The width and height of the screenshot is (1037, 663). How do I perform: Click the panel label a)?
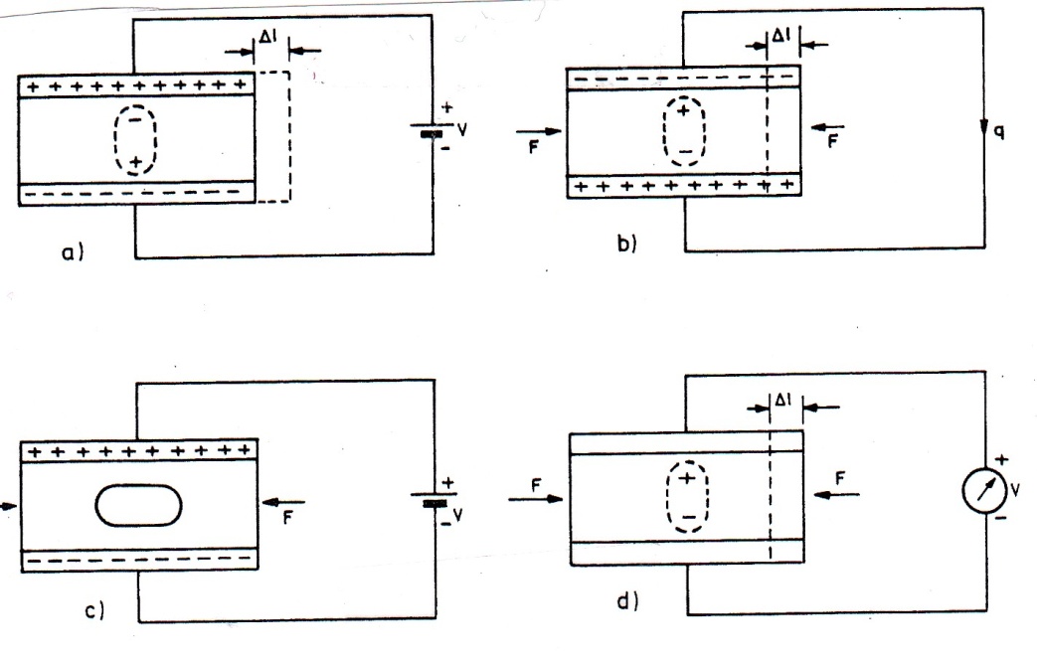tap(73, 251)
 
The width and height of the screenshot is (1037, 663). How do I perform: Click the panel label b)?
tap(626, 244)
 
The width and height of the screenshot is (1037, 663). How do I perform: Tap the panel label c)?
tap(93, 610)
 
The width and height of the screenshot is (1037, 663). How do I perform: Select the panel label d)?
tap(627, 601)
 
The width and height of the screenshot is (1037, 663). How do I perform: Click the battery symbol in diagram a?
tap(432, 129)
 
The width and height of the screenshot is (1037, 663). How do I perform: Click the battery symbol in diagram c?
tap(433, 498)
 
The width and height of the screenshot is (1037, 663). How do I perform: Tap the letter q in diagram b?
tap(998, 131)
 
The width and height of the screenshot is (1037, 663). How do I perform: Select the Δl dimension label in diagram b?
tap(781, 35)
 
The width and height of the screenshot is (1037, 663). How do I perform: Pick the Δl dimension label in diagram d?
tap(783, 400)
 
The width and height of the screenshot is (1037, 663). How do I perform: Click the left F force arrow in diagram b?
tap(538, 131)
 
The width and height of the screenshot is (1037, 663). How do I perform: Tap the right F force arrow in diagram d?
tap(836, 494)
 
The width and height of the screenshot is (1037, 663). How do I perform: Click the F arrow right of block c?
tap(283, 504)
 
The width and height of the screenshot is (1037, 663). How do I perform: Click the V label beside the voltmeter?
tap(1015, 490)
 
